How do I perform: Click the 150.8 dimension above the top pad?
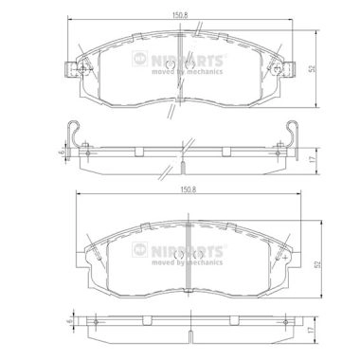(180, 15)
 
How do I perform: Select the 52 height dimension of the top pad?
(313, 69)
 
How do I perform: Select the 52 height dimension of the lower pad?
(318, 264)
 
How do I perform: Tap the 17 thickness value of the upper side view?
(313, 160)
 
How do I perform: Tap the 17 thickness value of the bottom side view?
(311, 330)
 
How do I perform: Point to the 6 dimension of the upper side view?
(63, 152)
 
